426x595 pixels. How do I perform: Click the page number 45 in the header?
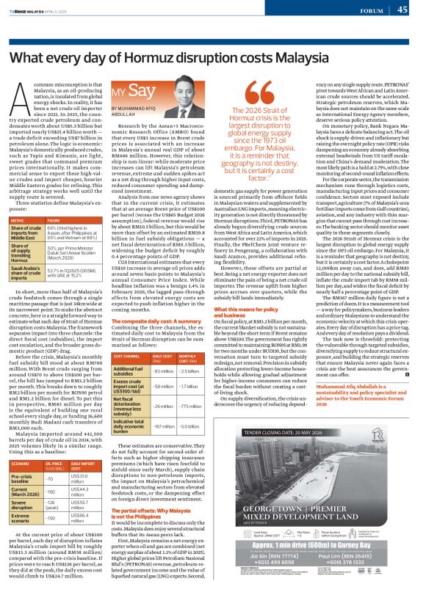(x=402, y=10)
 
